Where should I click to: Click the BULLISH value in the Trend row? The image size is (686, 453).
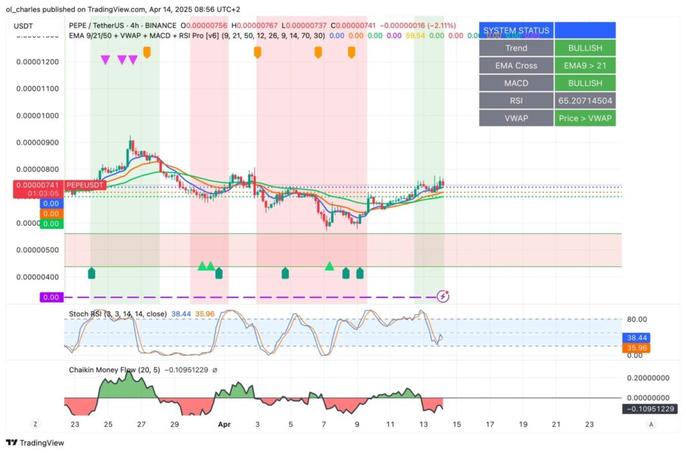585,48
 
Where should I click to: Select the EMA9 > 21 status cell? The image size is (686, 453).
585,66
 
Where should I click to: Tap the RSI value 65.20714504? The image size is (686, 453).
585,101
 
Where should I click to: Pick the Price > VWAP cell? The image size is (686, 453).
585,118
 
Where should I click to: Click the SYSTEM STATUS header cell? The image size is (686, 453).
516,30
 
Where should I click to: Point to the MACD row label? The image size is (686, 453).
516,83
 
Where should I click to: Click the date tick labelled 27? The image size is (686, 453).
141,424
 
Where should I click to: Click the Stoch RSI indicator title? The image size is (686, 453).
118,313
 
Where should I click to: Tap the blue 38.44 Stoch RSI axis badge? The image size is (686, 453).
636,338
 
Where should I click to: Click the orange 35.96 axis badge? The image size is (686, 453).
636,348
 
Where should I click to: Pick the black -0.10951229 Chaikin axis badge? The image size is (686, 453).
649,409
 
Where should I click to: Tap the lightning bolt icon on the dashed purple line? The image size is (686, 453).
442,296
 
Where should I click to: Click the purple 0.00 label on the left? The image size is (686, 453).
50,297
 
